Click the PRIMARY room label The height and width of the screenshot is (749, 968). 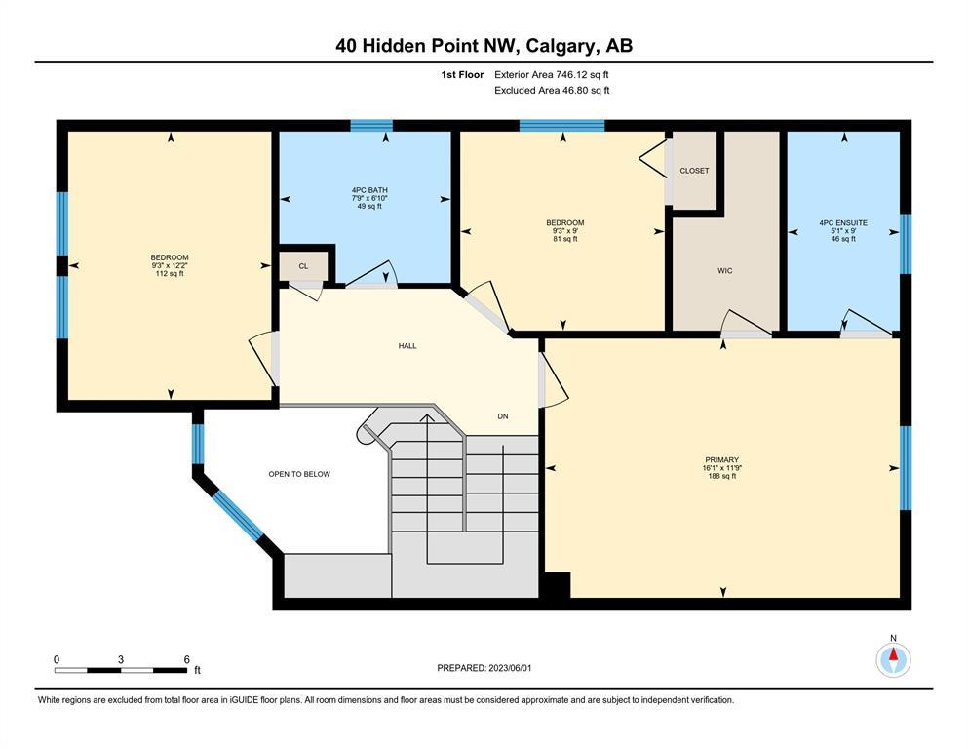(721, 460)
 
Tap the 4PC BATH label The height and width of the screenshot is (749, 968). (369, 190)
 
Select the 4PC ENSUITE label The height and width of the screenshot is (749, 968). (843, 223)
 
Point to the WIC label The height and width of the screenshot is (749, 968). (724, 270)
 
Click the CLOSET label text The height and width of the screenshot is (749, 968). (694, 171)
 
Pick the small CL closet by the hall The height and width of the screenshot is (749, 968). (303, 266)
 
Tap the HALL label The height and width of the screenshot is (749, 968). (407, 346)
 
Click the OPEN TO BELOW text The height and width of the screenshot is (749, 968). (299, 474)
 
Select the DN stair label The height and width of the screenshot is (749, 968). (503, 416)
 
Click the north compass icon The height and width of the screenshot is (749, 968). (893, 660)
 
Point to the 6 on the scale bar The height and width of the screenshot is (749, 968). (187, 659)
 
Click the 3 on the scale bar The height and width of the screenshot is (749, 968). (120, 659)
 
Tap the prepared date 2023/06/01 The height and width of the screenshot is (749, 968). (510, 668)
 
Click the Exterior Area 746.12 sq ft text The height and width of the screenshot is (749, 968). (552, 75)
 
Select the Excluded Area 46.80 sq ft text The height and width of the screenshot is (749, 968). (552, 90)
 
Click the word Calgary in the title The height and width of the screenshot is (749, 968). (561, 46)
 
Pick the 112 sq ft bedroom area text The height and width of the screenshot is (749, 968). (170, 273)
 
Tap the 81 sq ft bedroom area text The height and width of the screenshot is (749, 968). (564, 239)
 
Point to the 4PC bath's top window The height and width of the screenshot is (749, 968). (371, 126)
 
